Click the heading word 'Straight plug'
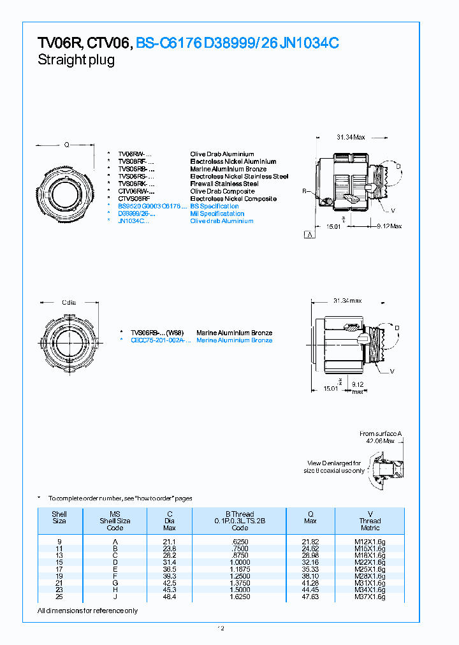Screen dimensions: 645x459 point(76,61)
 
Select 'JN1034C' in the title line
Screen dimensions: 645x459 point(309,43)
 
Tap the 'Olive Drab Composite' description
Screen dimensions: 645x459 point(222,191)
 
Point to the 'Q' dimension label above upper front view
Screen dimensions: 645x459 point(66,144)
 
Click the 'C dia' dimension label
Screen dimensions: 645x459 point(69,302)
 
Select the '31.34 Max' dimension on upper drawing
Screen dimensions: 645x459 point(351,137)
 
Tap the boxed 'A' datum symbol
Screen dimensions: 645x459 point(309,235)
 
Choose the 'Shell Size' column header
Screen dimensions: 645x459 point(59,517)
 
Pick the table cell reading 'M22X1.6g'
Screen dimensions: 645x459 point(370,562)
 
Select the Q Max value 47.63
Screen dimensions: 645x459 point(310,597)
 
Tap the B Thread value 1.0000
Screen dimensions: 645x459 point(240,562)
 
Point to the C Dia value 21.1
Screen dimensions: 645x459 point(170,541)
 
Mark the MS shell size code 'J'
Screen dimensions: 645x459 point(115,597)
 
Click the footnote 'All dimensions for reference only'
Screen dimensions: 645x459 point(87,611)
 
